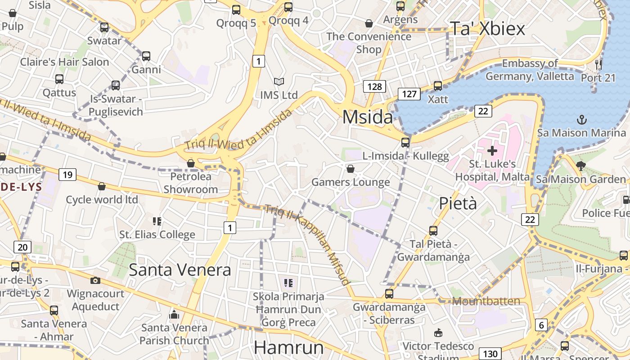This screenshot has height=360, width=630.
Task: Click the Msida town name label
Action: tap(368, 117)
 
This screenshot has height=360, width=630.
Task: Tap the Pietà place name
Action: tap(458, 203)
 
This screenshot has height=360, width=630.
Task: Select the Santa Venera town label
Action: tap(180, 270)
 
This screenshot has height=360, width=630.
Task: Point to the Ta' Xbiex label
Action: tap(487, 29)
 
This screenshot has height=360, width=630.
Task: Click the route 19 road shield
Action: tap(67, 175)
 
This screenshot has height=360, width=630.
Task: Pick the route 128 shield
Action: tap(374, 86)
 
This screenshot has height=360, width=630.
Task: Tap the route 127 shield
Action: tap(409, 94)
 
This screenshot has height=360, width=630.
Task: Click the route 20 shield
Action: tap(22, 247)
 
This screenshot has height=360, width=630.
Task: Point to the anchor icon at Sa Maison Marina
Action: tap(582, 120)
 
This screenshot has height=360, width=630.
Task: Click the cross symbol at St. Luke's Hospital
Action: tap(492, 151)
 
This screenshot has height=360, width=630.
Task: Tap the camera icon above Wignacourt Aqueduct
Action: tap(95, 280)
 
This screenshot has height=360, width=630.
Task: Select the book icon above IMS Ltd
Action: tap(279, 82)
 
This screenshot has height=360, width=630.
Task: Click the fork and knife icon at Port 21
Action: tap(598, 64)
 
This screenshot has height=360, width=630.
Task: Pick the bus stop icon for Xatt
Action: tap(437, 85)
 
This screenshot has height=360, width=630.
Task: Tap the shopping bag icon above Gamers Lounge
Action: tap(350, 169)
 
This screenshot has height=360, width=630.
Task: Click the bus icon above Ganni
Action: tap(146, 56)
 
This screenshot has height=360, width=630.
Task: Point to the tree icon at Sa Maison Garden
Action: tap(580, 166)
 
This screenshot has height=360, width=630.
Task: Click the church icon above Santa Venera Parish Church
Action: tap(174, 315)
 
